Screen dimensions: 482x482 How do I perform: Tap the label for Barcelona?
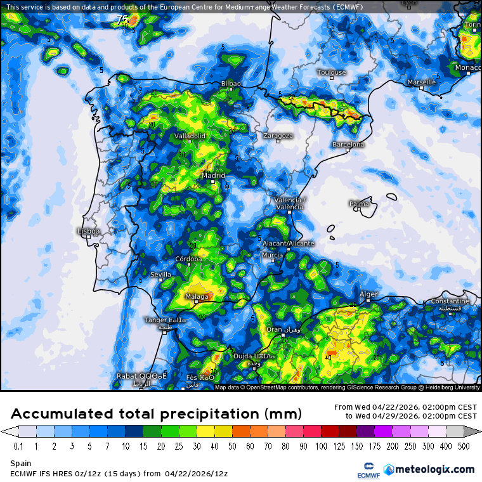click(x=348, y=145)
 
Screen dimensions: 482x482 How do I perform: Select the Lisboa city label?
click(x=88, y=231)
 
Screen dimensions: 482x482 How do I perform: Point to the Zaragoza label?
click(x=278, y=135)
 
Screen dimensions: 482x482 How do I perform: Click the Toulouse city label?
click(x=331, y=72)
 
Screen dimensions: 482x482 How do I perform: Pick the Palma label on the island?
click(x=359, y=204)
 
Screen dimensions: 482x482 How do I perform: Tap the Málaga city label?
click(x=197, y=296)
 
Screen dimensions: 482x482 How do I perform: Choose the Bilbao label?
click(x=231, y=84)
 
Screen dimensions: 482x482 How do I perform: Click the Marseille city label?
click(x=422, y=82)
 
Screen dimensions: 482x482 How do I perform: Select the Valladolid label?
click(x=190, y=136)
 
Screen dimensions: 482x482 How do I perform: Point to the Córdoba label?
click(x=188, y=259)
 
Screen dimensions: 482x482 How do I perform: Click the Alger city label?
click(x=368, y=294)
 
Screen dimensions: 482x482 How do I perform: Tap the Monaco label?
click(x=468, y=67)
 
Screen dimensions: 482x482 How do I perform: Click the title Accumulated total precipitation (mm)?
click(x=156, y=414)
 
